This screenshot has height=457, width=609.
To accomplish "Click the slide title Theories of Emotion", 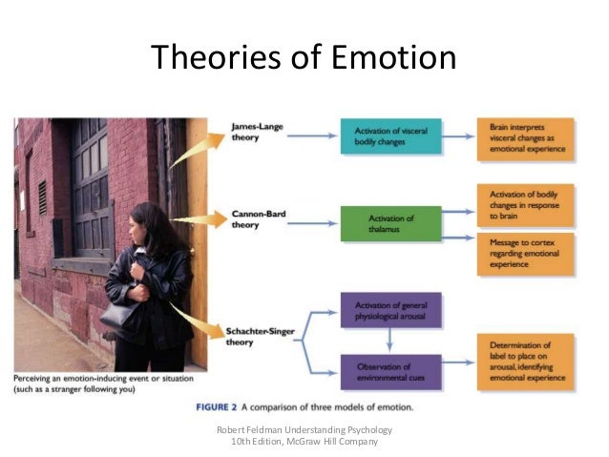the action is [304, 58].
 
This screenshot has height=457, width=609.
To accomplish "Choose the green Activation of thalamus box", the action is [390, 225].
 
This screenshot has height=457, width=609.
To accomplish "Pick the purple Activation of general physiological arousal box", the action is [389, 311].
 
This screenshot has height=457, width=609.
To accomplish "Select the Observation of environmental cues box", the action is [389, 371].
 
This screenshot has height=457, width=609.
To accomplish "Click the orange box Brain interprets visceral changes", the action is [525, 136].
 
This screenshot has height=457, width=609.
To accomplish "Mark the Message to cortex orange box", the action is [525, 255].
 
